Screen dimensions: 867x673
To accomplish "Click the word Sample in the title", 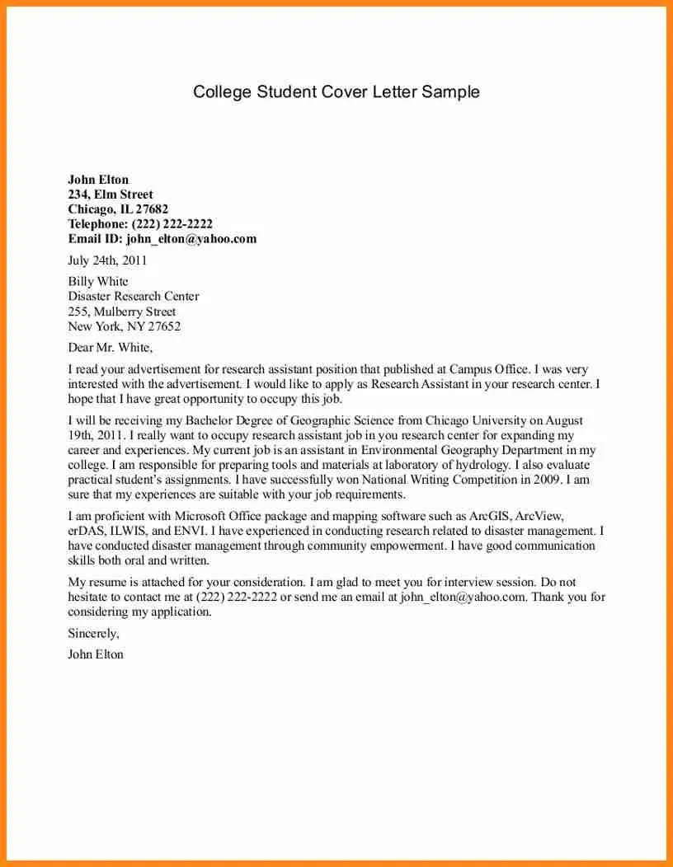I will point(450,91).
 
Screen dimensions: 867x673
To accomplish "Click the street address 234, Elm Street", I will point(111,194).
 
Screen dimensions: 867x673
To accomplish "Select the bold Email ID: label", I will point(95,239).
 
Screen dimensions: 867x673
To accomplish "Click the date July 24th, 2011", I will point(107,260).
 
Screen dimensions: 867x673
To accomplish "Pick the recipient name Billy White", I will point(98,282).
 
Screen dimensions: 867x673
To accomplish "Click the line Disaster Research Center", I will point(134,297).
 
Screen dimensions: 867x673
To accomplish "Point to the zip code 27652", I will point(164,326).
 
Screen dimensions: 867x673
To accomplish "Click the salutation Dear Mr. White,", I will point(110,348).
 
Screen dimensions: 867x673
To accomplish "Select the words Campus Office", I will point(490,370).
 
